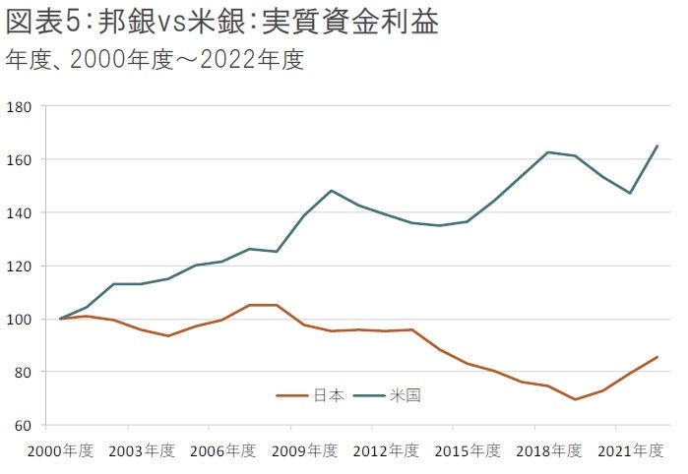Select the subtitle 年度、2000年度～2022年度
pos(155,60)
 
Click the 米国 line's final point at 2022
pos(657,147)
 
